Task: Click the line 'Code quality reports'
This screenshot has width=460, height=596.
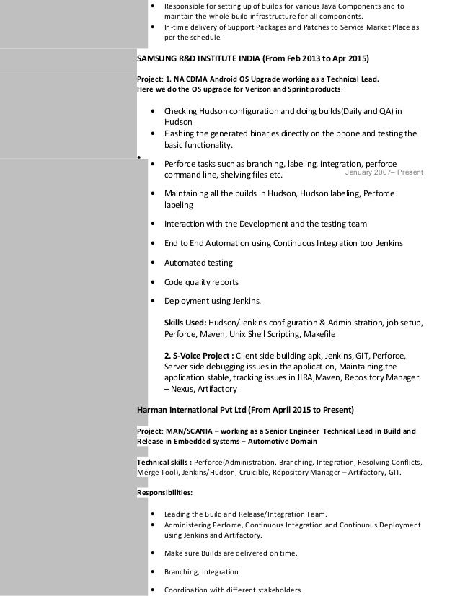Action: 201,282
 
